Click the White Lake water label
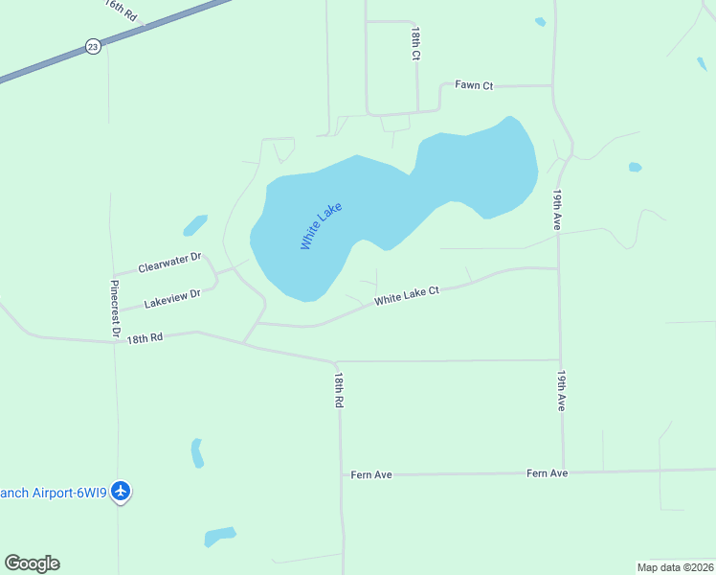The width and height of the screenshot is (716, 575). coord(321,226)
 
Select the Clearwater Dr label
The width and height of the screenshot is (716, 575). coord(169,263)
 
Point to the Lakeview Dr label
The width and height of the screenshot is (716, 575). coord(172,299)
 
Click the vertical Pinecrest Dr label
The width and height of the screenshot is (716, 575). coord(115,309)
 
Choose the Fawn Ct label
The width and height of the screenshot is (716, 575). coord(474,85)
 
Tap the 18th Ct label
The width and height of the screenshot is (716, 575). coord(415,44)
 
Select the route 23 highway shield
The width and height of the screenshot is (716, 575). coord(92,46)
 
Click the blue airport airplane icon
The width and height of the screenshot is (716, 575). coord(121,492)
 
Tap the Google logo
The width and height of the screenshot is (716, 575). coord(32,563)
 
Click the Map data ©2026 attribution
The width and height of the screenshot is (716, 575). coord(675,567)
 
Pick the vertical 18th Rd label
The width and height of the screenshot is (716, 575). coord(338,391)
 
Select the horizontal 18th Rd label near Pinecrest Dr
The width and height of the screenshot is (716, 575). coord(145,337)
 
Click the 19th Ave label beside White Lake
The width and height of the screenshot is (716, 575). coord(556,209)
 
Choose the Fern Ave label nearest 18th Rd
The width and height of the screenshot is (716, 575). coord(371,474)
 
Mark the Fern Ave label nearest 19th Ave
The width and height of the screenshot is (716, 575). coord(547,473)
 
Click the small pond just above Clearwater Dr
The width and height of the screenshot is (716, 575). coord(195,225)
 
